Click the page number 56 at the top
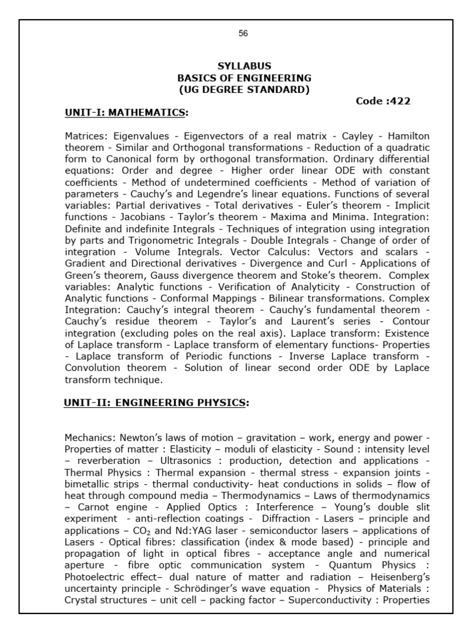pyautogui.click(x=243, y=33)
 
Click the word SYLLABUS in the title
pyautogui.click(x=244, y=66)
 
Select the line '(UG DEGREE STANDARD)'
pyautogui.click(x=244, y=90)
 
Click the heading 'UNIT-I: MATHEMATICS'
pyautogui.click(x=125, y=113)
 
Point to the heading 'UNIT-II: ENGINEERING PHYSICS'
pyautogui.click(x=155, y=402)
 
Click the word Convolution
pyautogui.click(x=93, y=368)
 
